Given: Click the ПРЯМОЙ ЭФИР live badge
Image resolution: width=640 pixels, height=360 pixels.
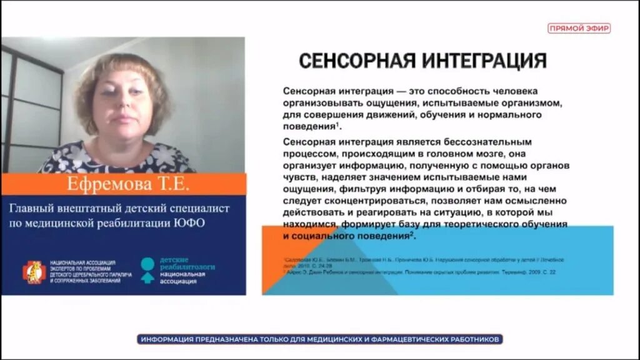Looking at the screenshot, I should [579, 28].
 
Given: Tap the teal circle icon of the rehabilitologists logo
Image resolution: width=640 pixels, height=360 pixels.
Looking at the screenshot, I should [147, 263].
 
